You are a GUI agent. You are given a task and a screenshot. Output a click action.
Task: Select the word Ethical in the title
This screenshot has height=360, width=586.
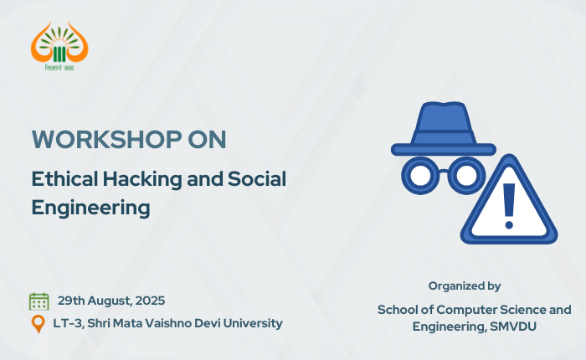(64, 178)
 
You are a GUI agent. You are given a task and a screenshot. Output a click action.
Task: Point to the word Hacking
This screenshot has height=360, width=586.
(142, 179)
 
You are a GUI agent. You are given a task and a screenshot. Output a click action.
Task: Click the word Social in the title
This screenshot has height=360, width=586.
(257, 178)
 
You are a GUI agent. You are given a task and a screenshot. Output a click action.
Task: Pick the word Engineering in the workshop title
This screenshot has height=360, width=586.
(90, 208)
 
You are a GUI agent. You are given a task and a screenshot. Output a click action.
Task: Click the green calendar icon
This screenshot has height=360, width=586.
(39, 301)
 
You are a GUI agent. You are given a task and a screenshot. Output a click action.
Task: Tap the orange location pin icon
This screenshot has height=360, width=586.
(39, 324)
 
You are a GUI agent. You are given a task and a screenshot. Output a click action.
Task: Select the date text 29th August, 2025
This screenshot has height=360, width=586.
(111, 301)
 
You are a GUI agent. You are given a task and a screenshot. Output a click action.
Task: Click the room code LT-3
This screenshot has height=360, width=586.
(68, 323)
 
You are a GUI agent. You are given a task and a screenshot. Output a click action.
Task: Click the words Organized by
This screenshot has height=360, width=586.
(465, 286)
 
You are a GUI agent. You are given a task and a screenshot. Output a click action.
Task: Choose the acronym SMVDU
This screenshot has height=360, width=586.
(513, 327)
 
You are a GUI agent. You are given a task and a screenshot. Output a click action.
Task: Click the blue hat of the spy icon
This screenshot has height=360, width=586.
(443, 128)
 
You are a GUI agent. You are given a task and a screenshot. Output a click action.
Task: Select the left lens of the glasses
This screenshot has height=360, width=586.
(420, 175)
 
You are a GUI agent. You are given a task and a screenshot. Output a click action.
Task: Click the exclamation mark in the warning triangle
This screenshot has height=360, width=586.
(509, 206)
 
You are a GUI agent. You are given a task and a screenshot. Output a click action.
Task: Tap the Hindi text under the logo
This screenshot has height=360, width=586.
(59, 68)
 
